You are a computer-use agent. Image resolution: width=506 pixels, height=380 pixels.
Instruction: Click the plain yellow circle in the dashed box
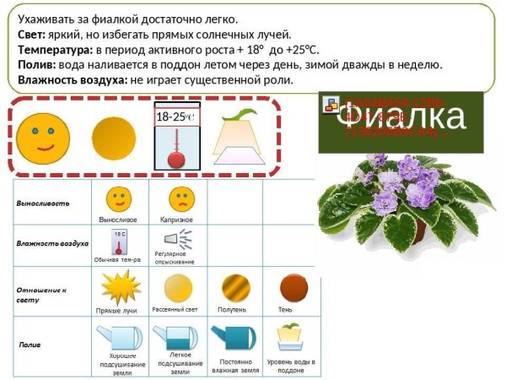click(112, 137)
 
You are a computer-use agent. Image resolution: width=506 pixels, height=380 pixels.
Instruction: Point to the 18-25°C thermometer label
click(176, 117)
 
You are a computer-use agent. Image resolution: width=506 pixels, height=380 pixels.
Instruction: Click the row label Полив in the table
click(30, 345)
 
